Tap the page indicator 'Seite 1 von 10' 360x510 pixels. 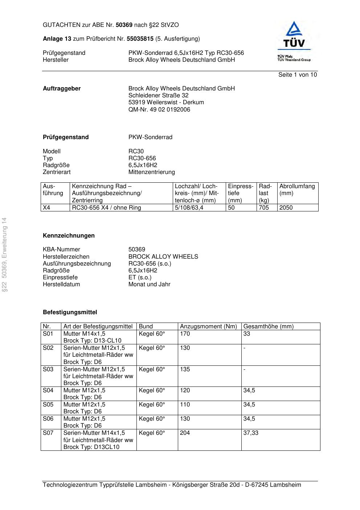297,75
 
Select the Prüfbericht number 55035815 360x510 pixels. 140,39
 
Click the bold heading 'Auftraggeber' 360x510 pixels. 62,89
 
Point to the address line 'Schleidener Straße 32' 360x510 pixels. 158,96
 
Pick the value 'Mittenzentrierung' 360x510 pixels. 151,172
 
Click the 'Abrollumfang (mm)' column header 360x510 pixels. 297,190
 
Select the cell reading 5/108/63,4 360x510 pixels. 189,208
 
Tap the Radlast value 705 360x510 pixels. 264,208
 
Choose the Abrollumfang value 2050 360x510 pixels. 286,208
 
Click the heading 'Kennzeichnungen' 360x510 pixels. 69,236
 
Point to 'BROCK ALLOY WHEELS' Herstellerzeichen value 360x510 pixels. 163,257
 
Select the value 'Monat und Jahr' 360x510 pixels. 149,284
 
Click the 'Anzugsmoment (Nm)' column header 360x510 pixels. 208,327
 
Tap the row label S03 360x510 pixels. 48,369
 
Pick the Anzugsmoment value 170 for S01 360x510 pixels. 185,334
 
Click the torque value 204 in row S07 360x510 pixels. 185,433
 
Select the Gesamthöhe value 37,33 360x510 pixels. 251,433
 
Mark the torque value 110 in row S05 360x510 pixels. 185,405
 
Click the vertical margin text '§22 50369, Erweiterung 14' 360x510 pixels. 4,255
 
